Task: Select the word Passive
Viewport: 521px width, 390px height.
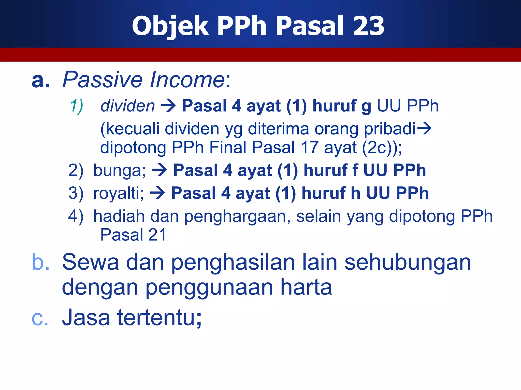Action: click(x=103, y=80)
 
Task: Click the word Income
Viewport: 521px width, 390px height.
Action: click(x=187, y=80)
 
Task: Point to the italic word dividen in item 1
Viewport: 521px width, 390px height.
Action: click(x=128, y=106)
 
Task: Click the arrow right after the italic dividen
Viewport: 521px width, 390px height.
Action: click(x=168, y=106)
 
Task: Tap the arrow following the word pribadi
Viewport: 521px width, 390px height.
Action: click(x=424, y=128)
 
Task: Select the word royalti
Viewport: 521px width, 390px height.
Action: click(x=118, y=193)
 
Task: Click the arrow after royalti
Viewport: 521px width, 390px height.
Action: click(x=157, y=193)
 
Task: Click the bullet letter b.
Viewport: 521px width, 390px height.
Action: click(x=40, y=262)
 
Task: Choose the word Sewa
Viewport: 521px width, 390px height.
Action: click(x=90, y=262)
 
